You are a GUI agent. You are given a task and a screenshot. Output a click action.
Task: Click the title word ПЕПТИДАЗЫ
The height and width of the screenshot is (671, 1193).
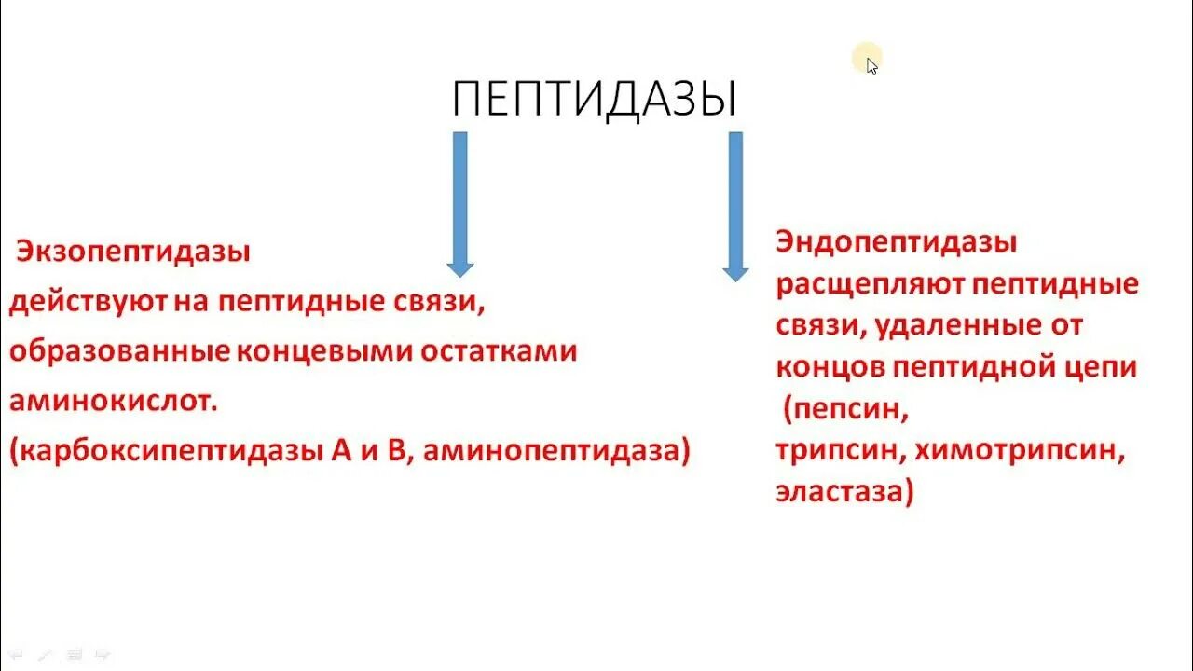pyautogui.click(x=595, y=100)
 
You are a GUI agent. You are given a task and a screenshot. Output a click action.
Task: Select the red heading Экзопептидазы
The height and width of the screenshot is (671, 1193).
pyautogui.click(x=133, y=253)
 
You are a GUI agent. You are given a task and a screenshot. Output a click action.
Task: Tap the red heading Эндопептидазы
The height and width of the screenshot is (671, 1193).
pyautogui.click(x=896, y=243)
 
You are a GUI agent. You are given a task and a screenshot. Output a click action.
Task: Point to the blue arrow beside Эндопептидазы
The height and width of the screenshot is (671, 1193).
pyautogui.click(x=735, y=206)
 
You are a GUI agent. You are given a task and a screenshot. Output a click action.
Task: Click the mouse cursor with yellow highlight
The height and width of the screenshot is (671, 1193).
pyautogui.click(x=870, y=63)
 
